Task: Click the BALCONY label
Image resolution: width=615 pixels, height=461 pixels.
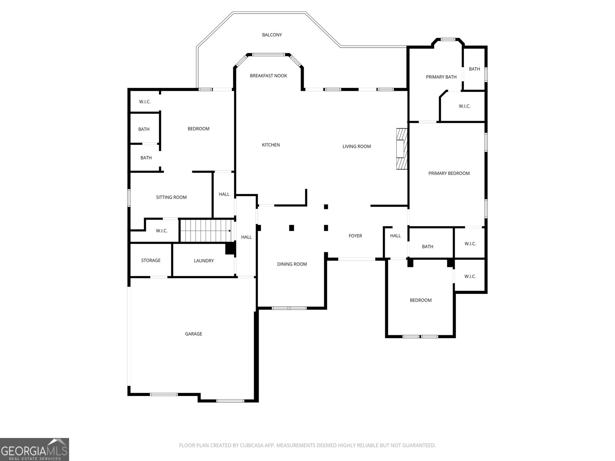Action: pyautogui.click(x=272, y=35)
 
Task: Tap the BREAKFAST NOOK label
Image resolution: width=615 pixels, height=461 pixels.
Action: pyautogui.click(x=268, y=76)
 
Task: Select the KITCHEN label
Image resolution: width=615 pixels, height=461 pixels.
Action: pyautogui.click(x=271, y=145)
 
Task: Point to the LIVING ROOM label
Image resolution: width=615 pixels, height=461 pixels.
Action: pyautogui.click(x=356, y=146)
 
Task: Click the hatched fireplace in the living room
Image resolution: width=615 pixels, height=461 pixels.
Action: pyautogui.click(x=402, y=149)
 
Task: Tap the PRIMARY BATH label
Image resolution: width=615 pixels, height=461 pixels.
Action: pyautogui.click(x=441, y=77)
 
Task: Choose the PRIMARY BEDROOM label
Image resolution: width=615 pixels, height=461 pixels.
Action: pyautogui.click(x=449, y=174)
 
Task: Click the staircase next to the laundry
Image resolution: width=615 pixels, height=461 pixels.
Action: pyautogui.click(x=207, y=230)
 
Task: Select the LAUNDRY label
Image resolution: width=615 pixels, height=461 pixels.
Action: pyautogui.click(x=204, y=261)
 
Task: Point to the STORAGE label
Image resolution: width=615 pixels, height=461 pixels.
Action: pyautogui.click(x=151, y=260)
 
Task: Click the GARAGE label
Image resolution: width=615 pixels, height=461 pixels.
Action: pyautogui.click(x=193, y=334)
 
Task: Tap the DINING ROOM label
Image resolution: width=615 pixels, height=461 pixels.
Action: pyautogui.click(x=292, y=264)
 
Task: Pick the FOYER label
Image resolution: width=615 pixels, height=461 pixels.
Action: pyautogui.click(x=355, y=236)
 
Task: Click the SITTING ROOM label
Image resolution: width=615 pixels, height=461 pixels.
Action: pyautogui.click(x=171, y=197)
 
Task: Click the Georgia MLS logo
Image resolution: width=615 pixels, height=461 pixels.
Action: pyautogui.click(x=35, y=449)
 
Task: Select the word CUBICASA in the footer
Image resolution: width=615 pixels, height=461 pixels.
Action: pyautogui.click(x=251, y=445)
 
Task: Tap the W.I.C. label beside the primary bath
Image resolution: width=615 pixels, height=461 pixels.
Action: pyautogui.click(x=464, y=106)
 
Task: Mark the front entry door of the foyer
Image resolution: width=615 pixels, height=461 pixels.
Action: pyautogui.click(x=357, y=259)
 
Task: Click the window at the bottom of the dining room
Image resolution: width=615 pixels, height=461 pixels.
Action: pyautogui.click(x=289, y=308)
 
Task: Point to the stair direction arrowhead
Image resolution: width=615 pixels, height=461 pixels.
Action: pyautogui.click(x=230, y=231)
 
